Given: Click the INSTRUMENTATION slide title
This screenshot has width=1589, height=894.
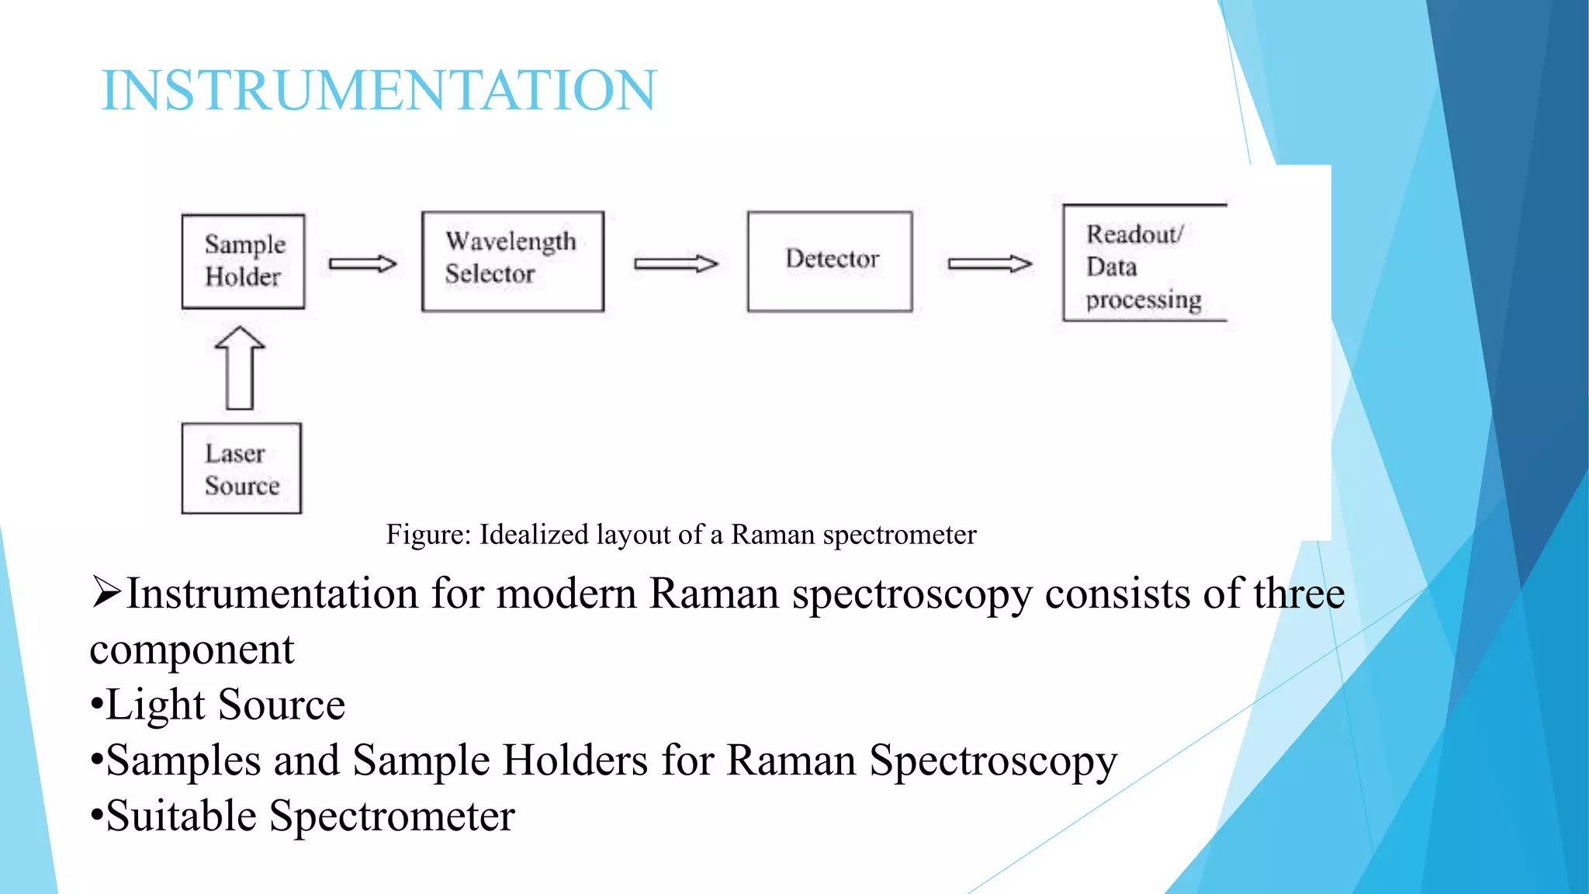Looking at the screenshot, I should coord(379,90).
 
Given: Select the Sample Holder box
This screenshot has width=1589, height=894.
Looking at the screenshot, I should coord(243,262).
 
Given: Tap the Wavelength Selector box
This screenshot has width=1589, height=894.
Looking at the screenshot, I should coord(512,262).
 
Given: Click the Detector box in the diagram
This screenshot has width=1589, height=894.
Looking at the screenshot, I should coord(829,262).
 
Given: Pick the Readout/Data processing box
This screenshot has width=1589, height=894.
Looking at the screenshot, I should coord(1144,263).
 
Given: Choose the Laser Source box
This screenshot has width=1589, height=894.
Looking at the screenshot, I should coord(241,469).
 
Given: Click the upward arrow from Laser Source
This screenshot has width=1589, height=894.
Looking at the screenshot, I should coord(240,367).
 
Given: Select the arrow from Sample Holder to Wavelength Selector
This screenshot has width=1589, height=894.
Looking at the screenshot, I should coord(362,264).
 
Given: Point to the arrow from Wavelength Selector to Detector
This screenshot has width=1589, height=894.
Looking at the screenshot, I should coord(676,264).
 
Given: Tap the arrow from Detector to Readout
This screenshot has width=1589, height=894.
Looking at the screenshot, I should coord(990,264).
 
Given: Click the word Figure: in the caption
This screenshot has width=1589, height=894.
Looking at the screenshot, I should coord(428,535).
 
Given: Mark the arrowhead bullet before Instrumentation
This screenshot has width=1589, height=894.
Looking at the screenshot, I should coord(106,592).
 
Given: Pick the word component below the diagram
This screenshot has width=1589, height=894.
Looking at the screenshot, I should coord(192,650).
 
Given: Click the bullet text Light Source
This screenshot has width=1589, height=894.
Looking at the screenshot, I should coord(225,705).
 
